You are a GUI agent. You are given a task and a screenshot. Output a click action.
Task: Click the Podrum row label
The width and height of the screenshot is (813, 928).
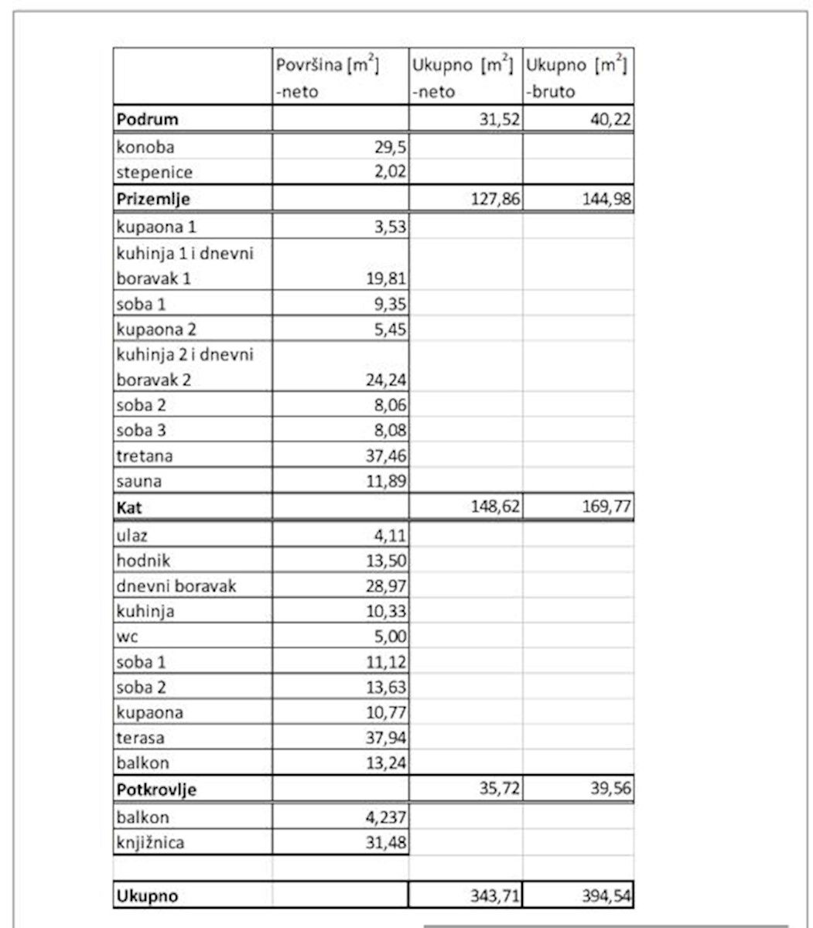point(147,119)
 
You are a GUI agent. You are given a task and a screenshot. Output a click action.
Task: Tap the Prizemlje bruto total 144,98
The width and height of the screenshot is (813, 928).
point(606,199)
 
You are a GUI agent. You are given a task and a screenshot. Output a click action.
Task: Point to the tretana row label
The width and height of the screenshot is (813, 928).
point(145,455)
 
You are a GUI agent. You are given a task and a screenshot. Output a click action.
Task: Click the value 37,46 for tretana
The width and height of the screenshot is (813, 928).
point(386,455)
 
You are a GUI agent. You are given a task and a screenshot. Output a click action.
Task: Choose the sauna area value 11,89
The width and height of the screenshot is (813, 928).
point(386,481)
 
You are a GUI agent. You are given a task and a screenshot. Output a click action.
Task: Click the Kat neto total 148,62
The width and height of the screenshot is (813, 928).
point(495,507)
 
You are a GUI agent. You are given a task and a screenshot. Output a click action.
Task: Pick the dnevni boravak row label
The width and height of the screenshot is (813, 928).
point(176,585)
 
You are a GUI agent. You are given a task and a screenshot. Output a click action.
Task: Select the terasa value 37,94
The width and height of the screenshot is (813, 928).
point(386,738)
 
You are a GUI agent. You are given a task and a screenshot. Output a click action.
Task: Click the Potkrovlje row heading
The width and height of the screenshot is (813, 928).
point(156,790)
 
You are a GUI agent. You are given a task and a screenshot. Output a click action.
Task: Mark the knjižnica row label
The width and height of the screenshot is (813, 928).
point(150,842)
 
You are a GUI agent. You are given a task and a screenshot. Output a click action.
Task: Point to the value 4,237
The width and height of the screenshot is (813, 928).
point(386,817)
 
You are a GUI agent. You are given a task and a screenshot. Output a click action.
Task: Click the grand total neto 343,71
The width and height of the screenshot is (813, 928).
point(495,896)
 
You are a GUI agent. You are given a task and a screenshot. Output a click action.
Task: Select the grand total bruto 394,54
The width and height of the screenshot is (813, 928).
point(606,896)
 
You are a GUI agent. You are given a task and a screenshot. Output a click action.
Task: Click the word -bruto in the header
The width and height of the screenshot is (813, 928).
point(550,91)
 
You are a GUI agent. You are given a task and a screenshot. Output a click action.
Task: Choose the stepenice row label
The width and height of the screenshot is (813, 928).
point(155,172)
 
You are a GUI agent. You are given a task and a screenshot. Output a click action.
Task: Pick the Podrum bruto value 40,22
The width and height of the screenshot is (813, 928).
point(610,119)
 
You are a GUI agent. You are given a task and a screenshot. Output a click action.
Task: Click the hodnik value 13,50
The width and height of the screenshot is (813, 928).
point(386,560)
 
